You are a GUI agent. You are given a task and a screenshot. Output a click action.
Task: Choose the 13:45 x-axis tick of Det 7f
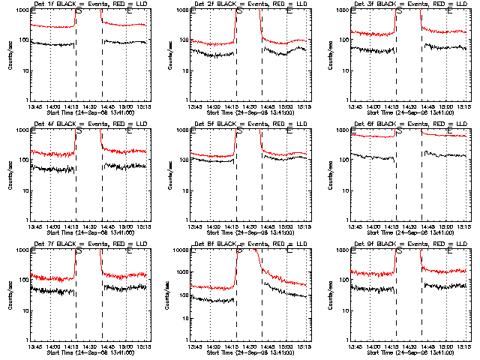click(x=33, y=346)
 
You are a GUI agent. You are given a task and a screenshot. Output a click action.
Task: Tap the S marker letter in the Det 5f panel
click(x=239, y=132)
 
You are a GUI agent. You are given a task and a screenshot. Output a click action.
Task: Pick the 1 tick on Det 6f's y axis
click(x=348, y=220)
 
